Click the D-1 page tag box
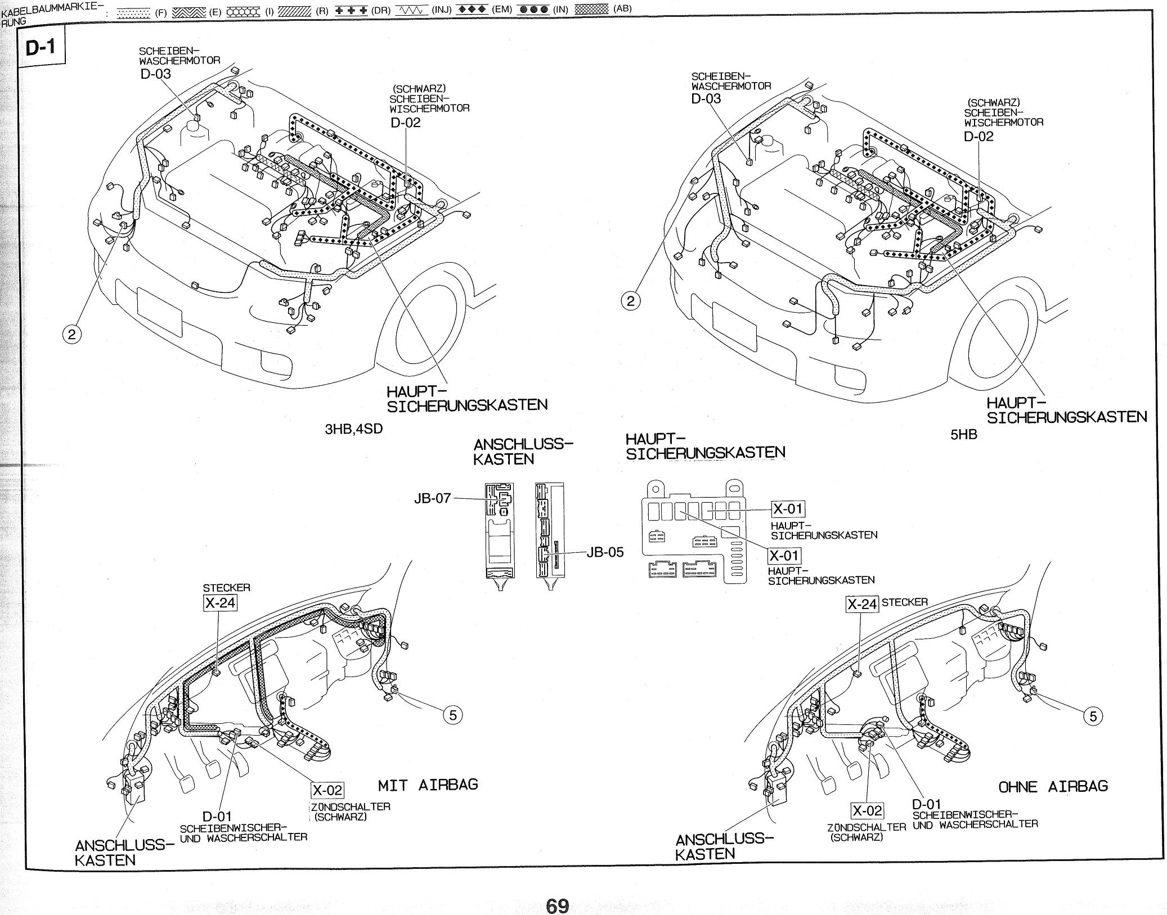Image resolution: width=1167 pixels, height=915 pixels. coord(42,47)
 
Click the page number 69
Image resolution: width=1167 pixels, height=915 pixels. coord(557,890)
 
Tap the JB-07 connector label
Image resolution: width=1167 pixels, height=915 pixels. coord(433,498)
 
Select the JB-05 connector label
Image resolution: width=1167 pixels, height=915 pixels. coord(605,552)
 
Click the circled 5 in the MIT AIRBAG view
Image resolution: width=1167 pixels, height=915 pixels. coord(453,715)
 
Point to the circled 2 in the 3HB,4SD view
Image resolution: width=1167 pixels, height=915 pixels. coord(71,335)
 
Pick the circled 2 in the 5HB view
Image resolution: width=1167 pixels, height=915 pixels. coord(630,301)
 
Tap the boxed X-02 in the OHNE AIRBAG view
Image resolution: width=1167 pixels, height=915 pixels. coord(867,811)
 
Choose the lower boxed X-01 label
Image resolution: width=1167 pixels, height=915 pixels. coord(784,556)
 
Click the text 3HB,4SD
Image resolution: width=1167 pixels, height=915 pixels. coord(354,429)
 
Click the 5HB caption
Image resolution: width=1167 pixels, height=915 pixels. coord(963,434)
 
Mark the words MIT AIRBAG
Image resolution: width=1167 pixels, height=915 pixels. coord(428,785)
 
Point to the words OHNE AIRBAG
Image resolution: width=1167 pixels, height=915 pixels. coord(1053,786)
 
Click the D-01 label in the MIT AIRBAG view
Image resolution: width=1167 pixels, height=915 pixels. coord(217,816)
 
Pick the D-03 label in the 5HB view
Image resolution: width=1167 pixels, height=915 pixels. coord(706,98)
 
